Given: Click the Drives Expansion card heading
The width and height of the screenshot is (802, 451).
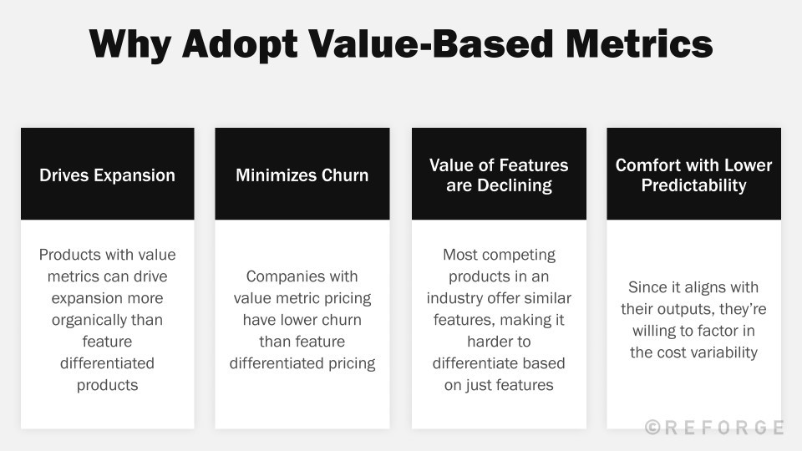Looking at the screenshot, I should coord(107,175).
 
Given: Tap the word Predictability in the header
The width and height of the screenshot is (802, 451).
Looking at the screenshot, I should coord(693,185).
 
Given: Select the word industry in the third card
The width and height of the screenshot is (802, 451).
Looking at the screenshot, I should coord(457,298).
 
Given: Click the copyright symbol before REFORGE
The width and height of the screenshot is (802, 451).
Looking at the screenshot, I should coord(654,428).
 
